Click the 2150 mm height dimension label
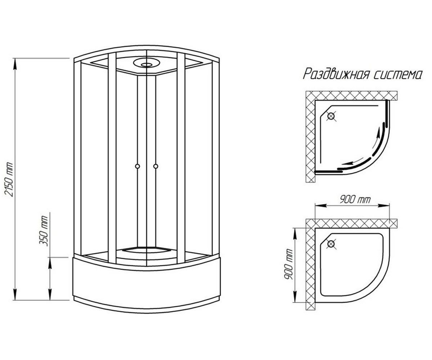(x=9, y=180)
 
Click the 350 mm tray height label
(x=44, y=231)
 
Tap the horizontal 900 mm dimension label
(x=355, y=200)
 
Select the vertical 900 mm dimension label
(x=288, y=264)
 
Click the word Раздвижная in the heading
(x=335, y=74)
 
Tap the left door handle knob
(x=137, y=166)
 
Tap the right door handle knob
(x=156, y=166)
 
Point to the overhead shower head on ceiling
(x=147, y=63)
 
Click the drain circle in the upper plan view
(x=331, y=116)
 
